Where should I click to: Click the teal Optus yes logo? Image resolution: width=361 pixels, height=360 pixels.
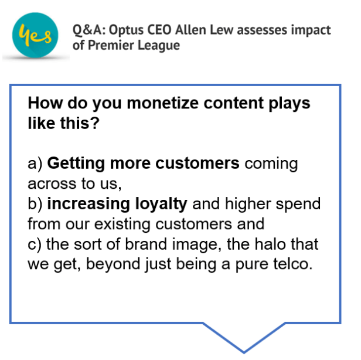[34, 35]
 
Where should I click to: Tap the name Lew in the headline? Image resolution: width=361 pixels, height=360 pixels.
[211, 29]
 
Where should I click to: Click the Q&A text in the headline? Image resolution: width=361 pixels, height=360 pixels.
[86, 29]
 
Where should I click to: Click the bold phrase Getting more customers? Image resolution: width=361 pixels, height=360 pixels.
[143, 164]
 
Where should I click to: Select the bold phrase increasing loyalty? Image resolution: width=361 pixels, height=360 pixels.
[117, 204]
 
